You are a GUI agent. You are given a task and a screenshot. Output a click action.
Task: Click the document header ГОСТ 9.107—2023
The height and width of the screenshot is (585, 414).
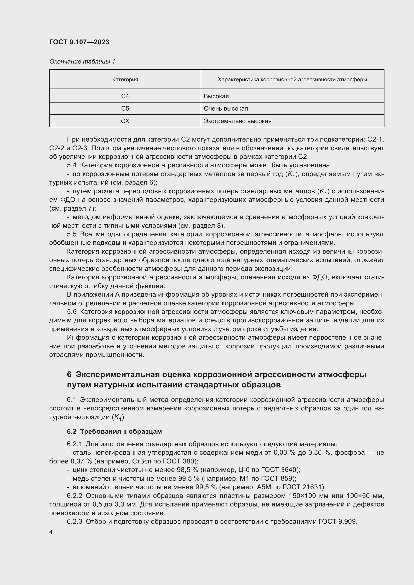click(x=79, y=42)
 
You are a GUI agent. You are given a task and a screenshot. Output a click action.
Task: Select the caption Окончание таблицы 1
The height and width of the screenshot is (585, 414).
click(x=82, y=62)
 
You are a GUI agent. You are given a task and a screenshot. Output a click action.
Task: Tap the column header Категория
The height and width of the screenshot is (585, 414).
click(x=125, y=80)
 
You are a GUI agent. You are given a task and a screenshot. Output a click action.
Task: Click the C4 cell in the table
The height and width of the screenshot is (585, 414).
click(x=125, y=96)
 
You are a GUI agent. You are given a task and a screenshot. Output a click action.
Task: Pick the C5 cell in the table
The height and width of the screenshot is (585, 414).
click(x=125, y=109)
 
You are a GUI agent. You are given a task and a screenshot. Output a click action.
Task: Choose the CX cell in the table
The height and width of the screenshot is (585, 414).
click(x=125, y=121)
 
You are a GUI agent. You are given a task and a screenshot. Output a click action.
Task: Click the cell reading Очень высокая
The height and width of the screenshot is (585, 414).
click(x=226, y=109)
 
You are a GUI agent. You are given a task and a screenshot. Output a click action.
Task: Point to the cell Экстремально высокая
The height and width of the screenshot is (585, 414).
click(x=237, y=121)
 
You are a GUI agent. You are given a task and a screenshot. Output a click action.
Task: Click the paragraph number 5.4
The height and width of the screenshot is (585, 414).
click(x=72, y=165)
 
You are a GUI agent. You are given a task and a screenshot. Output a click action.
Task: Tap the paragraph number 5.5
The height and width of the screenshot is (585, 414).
click(x=72, y=234)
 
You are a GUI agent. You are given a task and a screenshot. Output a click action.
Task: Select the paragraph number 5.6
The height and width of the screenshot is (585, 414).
click(x=72, y=312)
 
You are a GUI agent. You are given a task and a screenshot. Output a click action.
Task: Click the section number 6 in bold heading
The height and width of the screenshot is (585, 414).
click(x=69, y=374)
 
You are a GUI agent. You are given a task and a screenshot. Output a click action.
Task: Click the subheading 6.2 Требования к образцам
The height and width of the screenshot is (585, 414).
click(x=114, y=431)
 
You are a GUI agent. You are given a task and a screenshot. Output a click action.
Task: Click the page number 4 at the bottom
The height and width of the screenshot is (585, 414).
click(x=51, y=532)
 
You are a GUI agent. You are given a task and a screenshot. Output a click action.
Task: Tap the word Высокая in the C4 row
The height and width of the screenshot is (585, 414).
click(x=216, y=96)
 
